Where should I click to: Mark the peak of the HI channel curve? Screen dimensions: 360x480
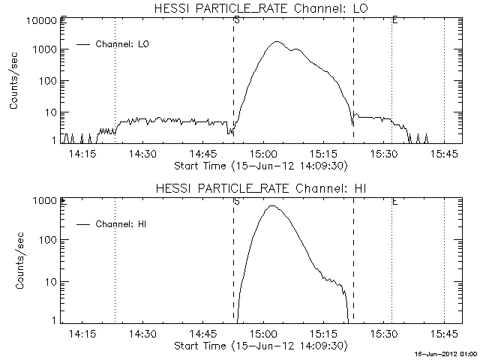pos(271,205)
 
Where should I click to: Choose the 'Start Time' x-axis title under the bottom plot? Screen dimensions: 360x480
pos(259,346)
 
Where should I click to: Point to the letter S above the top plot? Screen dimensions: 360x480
pos(236,19)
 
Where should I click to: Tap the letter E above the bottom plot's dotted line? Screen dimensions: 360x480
pos(394,201)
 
